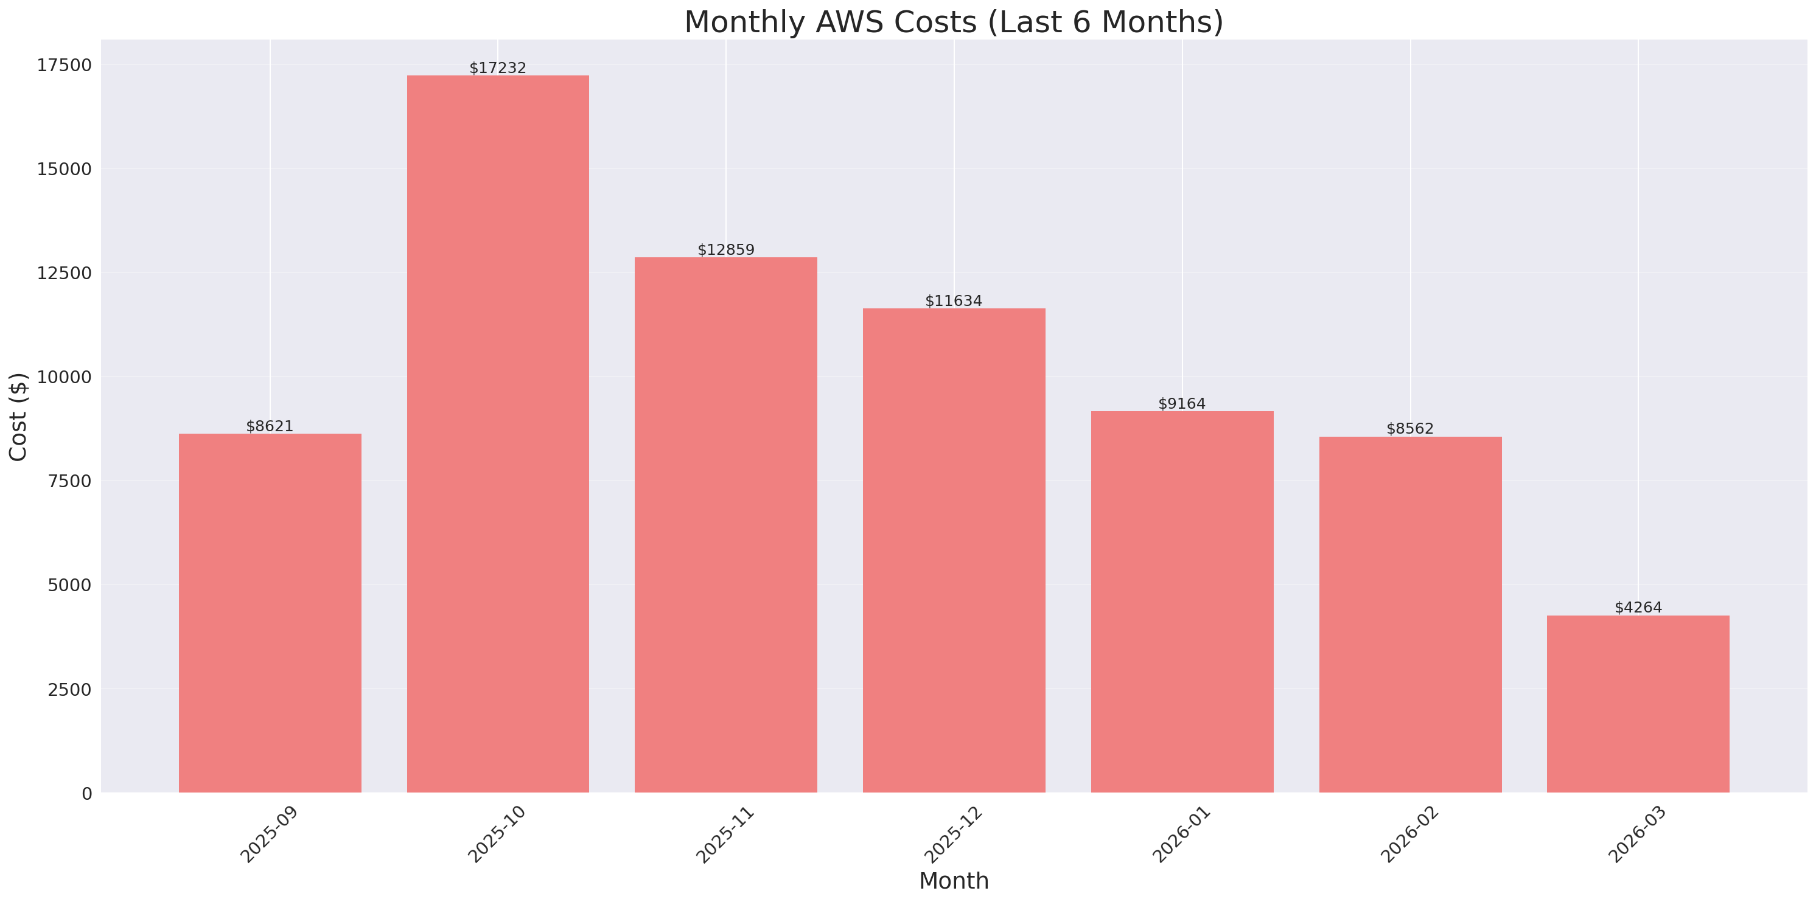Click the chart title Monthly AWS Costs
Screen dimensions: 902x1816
[953, 22]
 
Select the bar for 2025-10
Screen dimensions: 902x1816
[498, 434]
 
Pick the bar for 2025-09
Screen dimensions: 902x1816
[270, 612]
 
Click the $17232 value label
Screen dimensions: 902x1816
[498, 68]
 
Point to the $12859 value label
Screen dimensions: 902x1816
[725, 249]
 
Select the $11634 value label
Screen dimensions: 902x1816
[953, 301]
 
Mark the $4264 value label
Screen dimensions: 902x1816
[1638, 608]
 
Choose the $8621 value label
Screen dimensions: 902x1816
[270, 426]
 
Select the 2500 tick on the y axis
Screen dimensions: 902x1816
[70, 689]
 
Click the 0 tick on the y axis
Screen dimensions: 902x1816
[86, 794]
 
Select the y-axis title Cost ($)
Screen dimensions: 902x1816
[18, 417]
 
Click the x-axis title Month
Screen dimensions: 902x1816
[953, 881]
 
